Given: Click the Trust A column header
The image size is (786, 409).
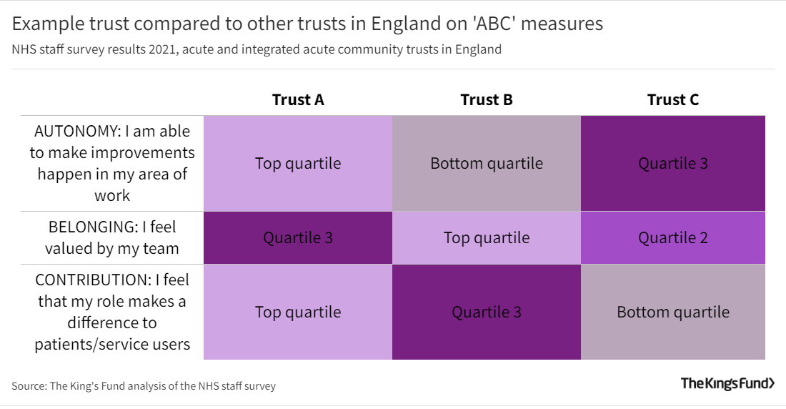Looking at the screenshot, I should tap(298, 100).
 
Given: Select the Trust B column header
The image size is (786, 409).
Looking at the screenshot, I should tap(487, 100).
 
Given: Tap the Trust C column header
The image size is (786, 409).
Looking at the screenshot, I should tap(673, 100).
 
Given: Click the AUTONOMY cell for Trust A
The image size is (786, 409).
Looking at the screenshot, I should tap(298, 164).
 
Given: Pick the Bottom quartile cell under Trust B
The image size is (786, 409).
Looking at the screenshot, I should tap(487, 164).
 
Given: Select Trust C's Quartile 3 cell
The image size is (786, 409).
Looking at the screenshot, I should tap(673, 164).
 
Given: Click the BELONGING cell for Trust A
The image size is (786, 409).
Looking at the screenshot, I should tap(298, 237).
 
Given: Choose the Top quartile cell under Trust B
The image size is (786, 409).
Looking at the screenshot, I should tap(487, 237).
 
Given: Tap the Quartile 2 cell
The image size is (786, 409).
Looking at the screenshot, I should tap(673, 237).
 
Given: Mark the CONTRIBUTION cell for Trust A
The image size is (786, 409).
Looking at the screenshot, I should tap(298, 312).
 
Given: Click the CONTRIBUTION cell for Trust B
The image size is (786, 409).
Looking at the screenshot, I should tap(487, 312).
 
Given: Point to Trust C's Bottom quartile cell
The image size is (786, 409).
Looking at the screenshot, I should tap(673, 312).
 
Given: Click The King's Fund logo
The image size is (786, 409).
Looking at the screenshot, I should tap(727, 383).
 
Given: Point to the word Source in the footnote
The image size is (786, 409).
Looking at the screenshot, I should tap(28, 386).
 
